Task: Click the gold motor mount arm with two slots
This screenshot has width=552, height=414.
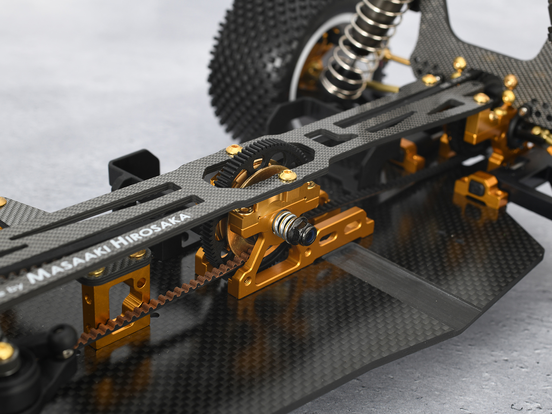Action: [x=341, y=235]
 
